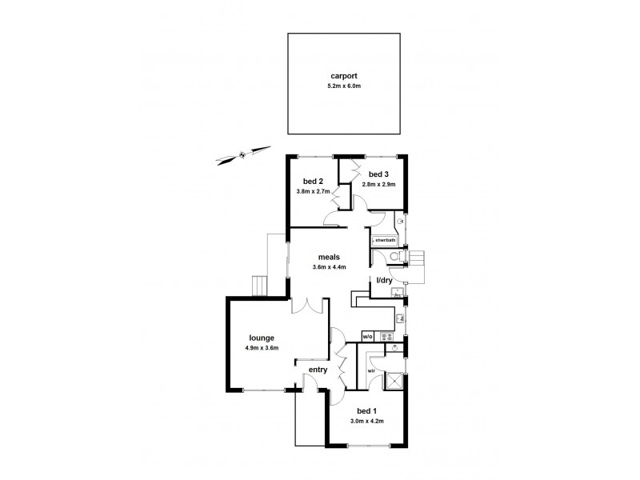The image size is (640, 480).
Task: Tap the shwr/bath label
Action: pyautogui.click(x=384, y=239)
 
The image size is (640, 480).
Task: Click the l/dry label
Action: pyautogui.click(x=384, y=279)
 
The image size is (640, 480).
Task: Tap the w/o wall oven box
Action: pyautogui.click(x=367, y=337)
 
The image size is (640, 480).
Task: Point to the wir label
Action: pyautogui.click(x=371, y=371)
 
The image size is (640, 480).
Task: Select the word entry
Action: pyautogui.click(x=318, y=370)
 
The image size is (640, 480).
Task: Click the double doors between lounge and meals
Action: pyautogui.click(x=307, y=306)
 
